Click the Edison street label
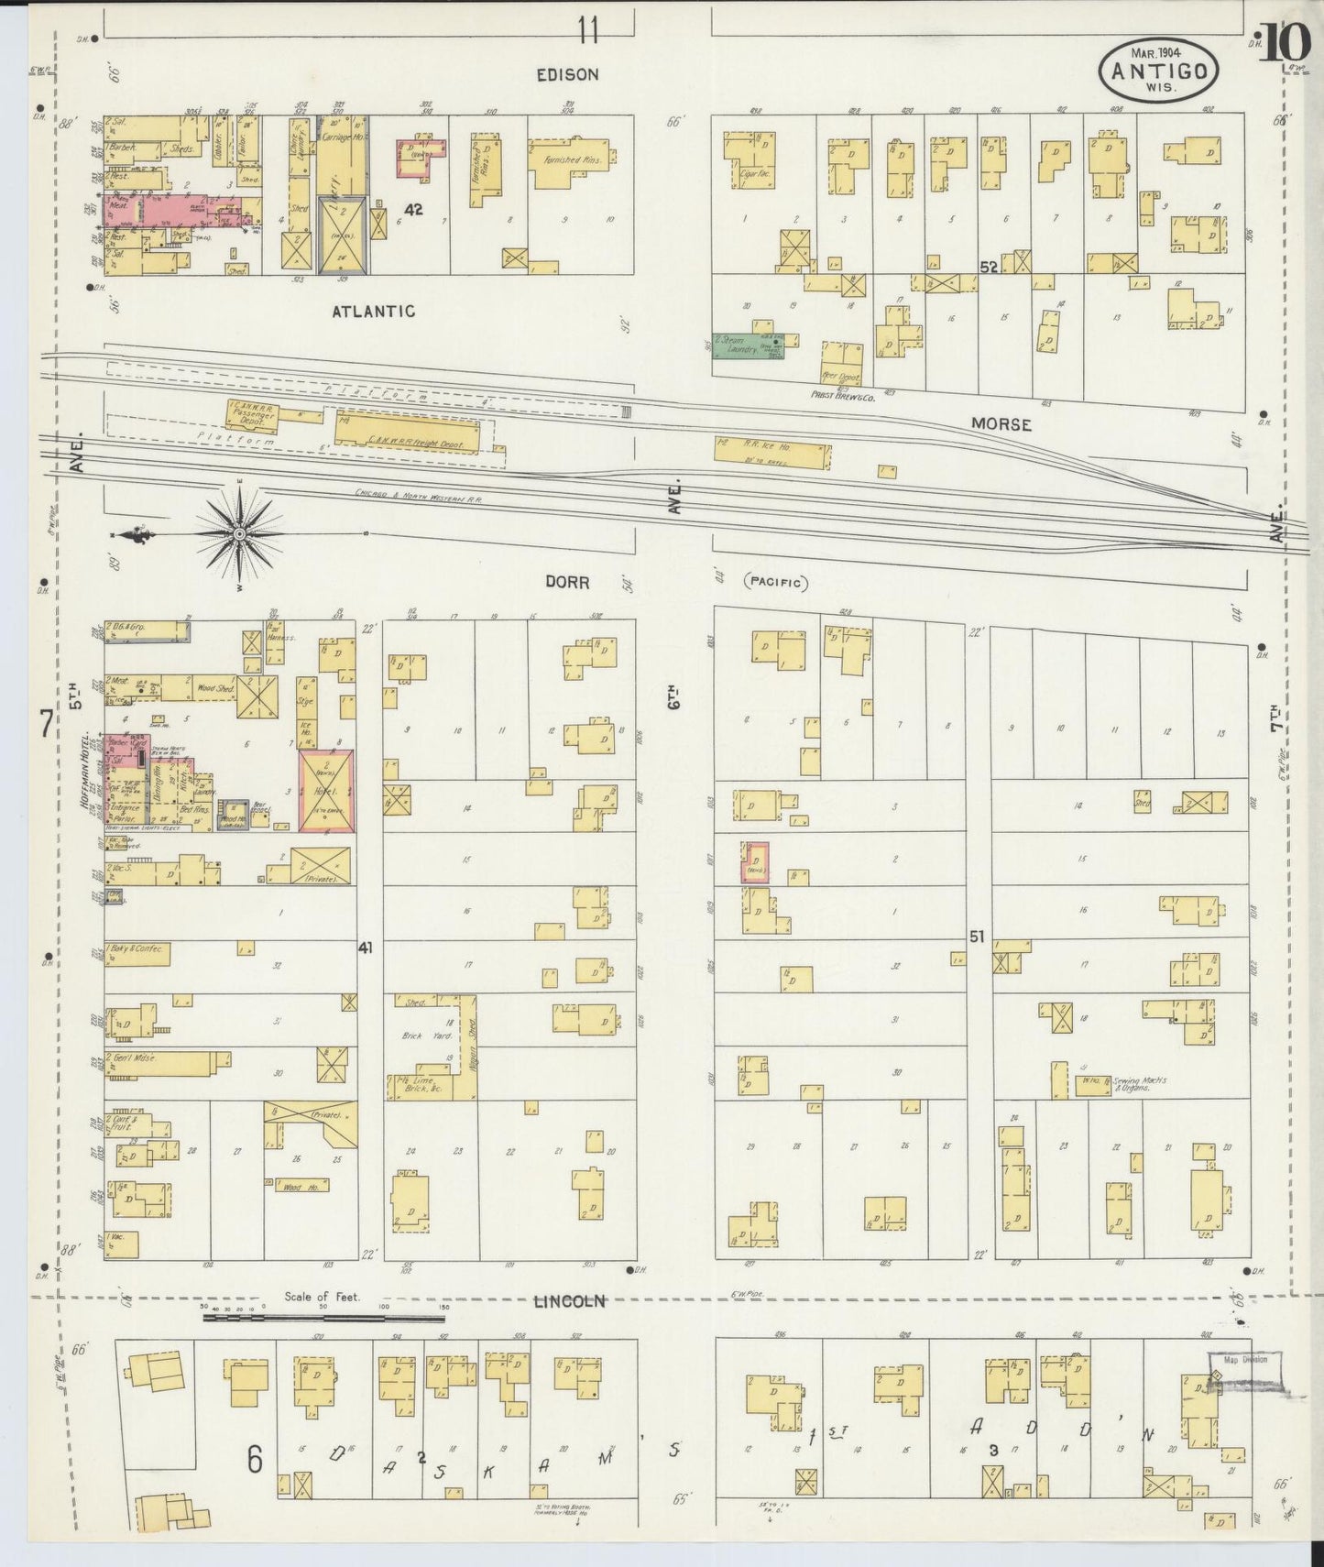tap(567, 74)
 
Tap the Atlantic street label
tap(373, 312)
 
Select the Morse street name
tap(1002, 425)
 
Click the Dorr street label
tap(567, 582)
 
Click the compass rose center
tap(239, 533)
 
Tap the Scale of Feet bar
tap(325, 1319)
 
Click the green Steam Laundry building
tap(747, 345)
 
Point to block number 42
tap(414, 210)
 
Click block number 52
tap(988, 268)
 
